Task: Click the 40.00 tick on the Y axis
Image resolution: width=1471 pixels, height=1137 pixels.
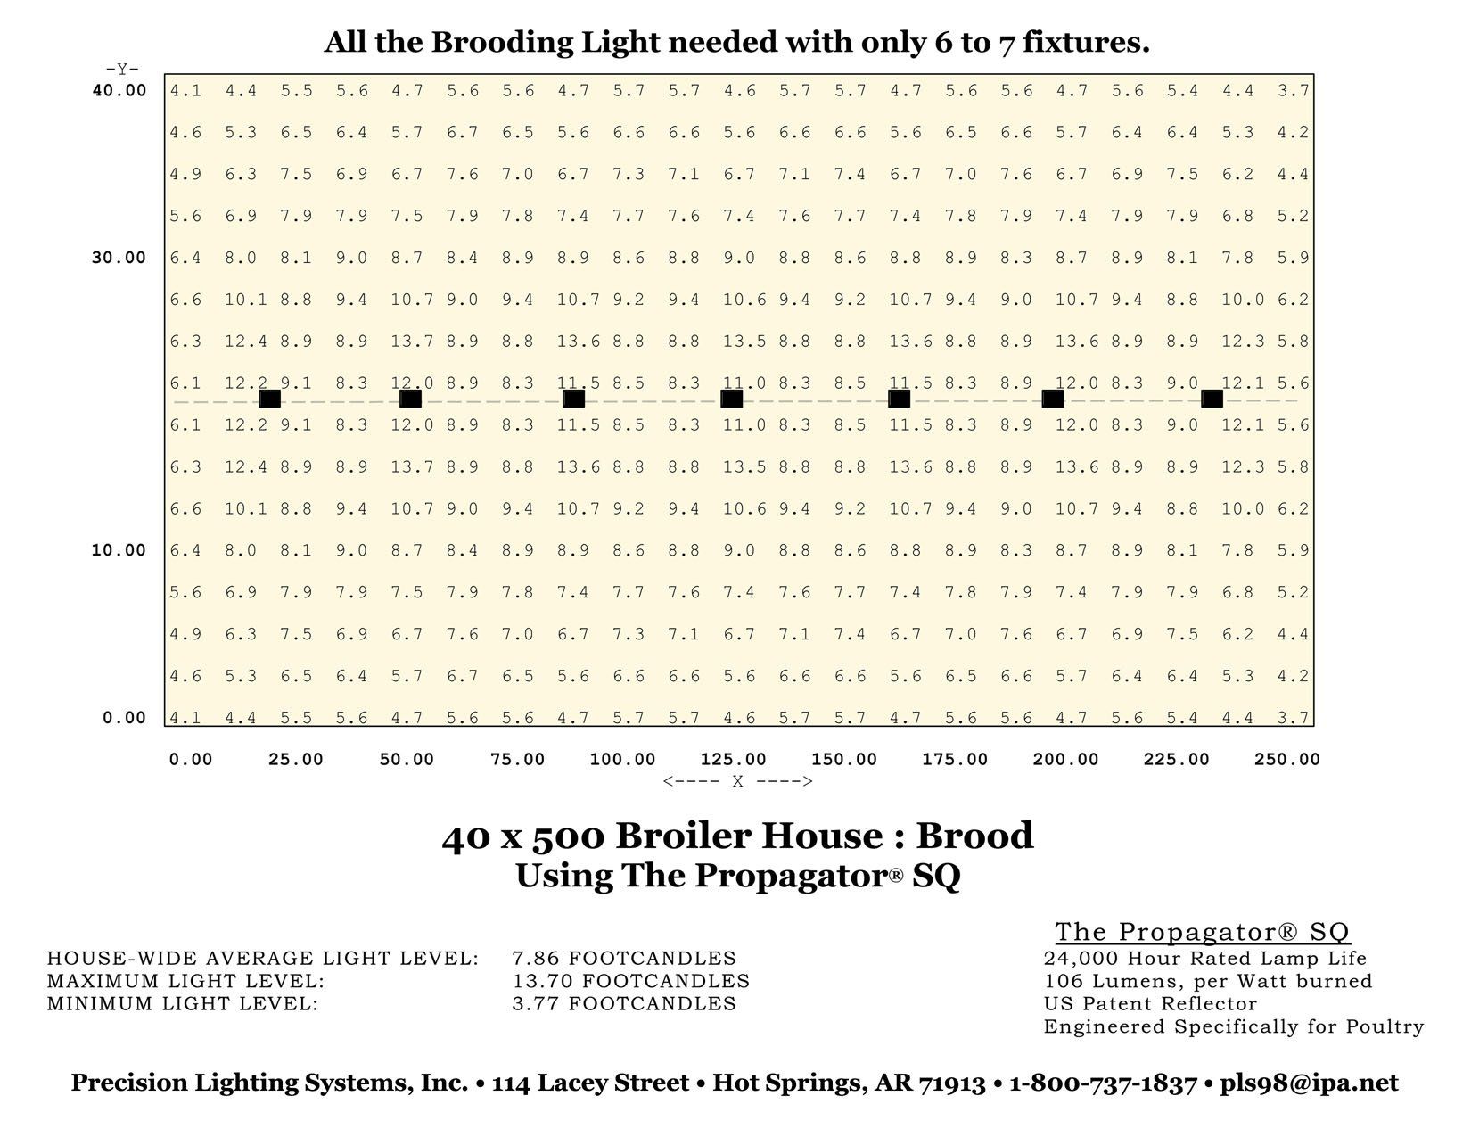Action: tap(119, 90)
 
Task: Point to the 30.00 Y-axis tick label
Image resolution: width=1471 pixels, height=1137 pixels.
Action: tap(119, 258)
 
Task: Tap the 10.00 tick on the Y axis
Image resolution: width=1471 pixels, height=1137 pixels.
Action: tap(119, 550)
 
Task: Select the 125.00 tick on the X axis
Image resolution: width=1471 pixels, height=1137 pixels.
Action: tap(733, 760)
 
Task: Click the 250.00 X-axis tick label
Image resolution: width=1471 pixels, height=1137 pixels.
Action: tap(1286, 760)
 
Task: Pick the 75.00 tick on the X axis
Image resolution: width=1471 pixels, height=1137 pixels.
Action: tap(517, 760)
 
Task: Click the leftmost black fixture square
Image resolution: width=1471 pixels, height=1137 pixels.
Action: tap(269, 399)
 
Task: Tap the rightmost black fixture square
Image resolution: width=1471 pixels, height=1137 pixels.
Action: tap(1212, 399)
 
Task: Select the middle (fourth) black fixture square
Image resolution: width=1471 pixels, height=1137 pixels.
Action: tap(731, 399)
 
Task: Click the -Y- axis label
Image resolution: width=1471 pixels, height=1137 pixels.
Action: tap(122, 69)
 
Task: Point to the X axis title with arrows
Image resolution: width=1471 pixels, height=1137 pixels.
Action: tap(737, 782)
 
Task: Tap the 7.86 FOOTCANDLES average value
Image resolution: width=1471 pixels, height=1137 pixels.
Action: tap(624, 959)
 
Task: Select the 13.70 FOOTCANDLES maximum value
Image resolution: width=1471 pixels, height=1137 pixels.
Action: tap(630, 981)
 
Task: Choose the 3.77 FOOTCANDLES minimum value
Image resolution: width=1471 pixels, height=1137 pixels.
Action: tap(624, 1004)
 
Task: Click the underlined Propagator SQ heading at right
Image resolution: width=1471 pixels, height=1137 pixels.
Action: tap(1203, 932)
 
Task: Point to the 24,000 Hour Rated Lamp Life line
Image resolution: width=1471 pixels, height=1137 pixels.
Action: tap(1204, 959)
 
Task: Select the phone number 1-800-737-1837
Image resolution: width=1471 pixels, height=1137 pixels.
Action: tap(1103, 1083)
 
